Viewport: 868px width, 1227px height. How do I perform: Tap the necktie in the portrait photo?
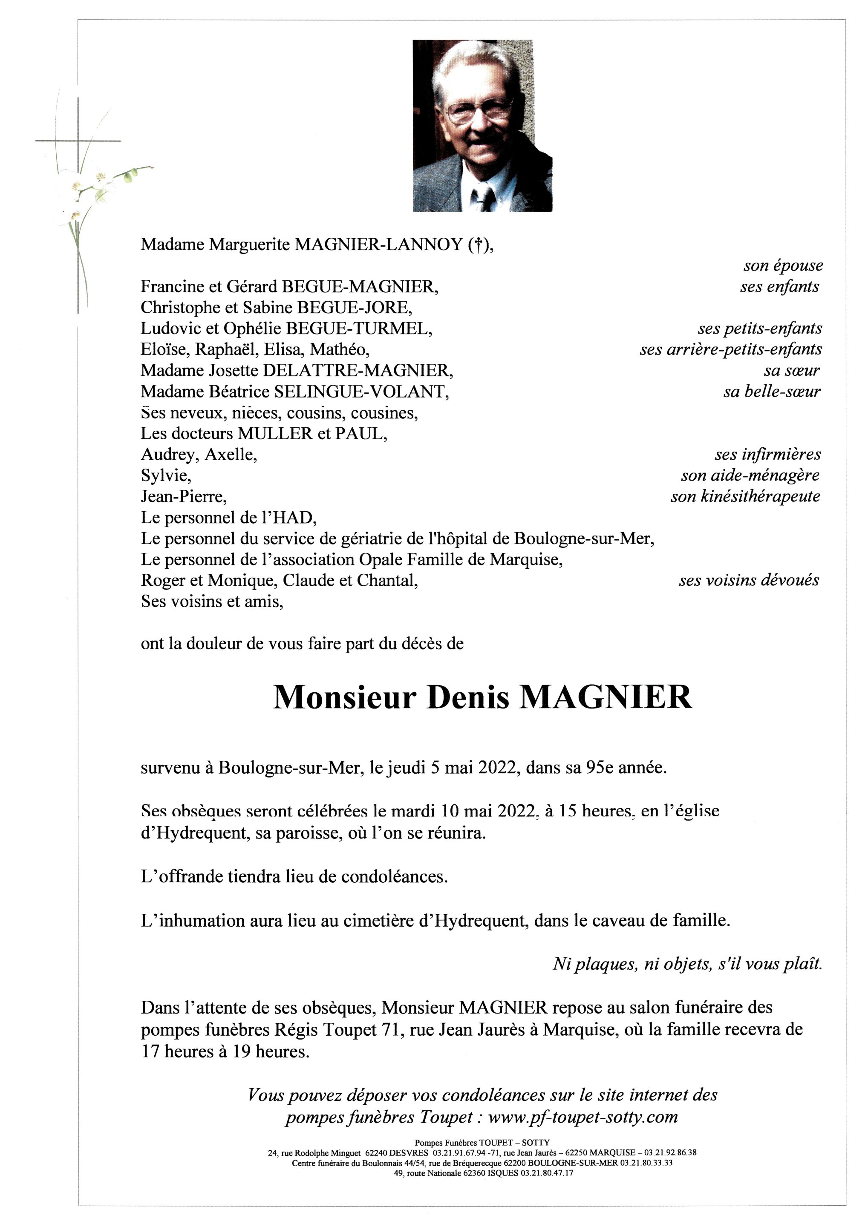pyautogui.click(x=484, y=198)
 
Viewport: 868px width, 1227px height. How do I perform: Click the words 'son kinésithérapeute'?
pyautogui.click(x=745, y=496)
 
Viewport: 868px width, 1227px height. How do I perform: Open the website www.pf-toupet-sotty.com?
pyautogui.click(x=583, y=1118)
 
